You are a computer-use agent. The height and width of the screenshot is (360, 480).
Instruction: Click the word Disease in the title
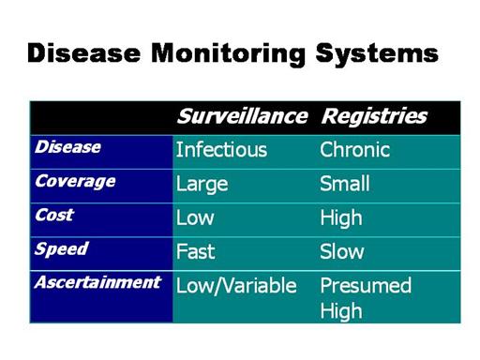coord(83,53)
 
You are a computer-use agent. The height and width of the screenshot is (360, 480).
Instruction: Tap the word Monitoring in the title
coord(228,55)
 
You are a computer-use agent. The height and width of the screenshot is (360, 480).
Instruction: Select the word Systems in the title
coord(377,55)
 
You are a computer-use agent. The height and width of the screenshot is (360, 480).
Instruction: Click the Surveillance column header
coord(243,116)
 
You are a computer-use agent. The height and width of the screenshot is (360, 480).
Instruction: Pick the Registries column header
coord(374,117)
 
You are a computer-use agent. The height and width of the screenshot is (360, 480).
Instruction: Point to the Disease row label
coord(67,147)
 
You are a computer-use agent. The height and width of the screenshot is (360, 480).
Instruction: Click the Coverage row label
coord(75,182)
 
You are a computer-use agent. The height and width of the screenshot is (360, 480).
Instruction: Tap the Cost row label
coord(54,215)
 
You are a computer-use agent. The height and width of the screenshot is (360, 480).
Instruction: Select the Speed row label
coord(62,249)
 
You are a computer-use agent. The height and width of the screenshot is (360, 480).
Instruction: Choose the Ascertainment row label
coord(97,282)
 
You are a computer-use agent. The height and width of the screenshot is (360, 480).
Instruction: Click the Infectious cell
coord(221,150)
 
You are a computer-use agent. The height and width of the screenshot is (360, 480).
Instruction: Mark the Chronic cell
coord(355,149)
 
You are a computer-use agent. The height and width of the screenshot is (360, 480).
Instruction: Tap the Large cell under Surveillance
coord(202,185)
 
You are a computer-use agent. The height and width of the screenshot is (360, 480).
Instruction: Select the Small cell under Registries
coord(345,184)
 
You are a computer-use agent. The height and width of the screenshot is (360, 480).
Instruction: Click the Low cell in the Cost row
coord(195,217)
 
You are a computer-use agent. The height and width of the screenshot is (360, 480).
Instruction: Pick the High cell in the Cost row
coord(341,218)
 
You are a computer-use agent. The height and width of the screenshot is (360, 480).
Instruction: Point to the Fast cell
coord(196,251)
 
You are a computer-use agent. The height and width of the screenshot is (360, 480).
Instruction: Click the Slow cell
coord(342,251)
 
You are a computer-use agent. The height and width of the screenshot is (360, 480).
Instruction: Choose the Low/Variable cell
coord(236,286)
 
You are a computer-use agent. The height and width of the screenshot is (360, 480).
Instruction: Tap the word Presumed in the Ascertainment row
coord(366,285)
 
